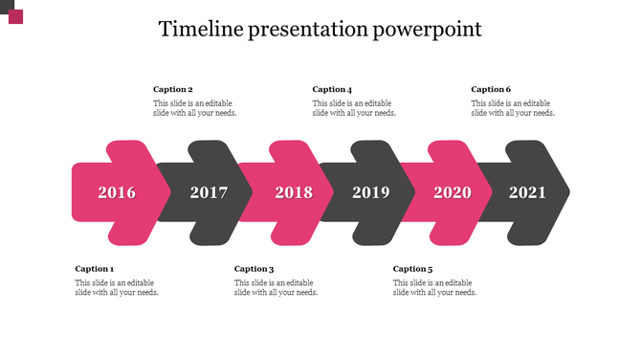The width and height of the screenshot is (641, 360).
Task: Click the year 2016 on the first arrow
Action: [117, 192]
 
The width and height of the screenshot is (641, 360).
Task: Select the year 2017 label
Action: [209, 192]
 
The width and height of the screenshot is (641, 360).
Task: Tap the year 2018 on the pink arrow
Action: [294, 192]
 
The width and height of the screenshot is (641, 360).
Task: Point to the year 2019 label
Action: [371, 192]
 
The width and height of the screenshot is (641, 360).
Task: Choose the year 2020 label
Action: [453, 192]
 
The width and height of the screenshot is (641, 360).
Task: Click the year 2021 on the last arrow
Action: [527, 192]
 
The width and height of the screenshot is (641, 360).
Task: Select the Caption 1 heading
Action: [94, 269]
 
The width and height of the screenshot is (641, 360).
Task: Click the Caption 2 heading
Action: [173, 89]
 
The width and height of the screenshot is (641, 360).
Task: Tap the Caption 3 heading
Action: [254, 269]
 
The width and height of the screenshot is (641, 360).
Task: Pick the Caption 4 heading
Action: [332, 89]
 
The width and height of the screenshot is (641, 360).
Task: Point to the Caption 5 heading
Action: [412, 269]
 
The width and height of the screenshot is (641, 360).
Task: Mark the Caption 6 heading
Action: [491, 89]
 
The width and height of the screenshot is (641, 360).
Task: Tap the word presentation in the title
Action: [307, 30]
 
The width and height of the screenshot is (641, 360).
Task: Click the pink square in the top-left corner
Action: [15, 16]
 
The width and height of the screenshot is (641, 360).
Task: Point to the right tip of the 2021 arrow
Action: [567, 192]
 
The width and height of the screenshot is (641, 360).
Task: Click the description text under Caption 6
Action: [513, 108]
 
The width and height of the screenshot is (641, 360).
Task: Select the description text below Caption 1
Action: [117, 287]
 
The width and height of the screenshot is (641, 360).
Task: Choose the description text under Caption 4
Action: [354, 108]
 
